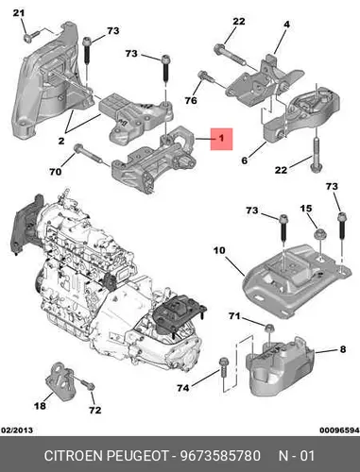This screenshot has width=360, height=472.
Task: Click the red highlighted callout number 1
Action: [x=222, y=139]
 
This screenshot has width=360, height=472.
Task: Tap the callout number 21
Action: [x=19, y=13]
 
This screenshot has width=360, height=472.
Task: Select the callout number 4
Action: [x=286, y=25]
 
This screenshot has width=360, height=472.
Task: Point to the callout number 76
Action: [x=191, y=100]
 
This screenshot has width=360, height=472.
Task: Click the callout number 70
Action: [x=56, y=172]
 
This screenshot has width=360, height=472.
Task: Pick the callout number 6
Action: [x=245, y=160]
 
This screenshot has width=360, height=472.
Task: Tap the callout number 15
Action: [x=306, y=209]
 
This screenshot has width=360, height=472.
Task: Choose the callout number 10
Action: [x=219, y=250]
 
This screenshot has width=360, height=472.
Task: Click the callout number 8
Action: [x=343, y=349]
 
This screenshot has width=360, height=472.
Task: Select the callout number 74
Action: [x=183, y=388]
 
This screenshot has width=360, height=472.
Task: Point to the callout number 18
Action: [x=40, y=406]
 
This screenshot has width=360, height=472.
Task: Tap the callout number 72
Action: [x=94, y=410]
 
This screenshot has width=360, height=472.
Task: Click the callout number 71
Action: [x=234, y=316]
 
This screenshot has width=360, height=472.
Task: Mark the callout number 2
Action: [x=61, y=141]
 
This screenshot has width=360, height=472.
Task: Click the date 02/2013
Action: [x=17, y=430]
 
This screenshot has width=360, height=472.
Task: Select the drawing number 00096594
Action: [x=339, y=430]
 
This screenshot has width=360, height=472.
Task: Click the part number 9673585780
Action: [x=220, y=456]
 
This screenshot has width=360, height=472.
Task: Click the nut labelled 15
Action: [x=320, y=235]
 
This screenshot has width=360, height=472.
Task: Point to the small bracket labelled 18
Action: [x=60, y=380]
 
